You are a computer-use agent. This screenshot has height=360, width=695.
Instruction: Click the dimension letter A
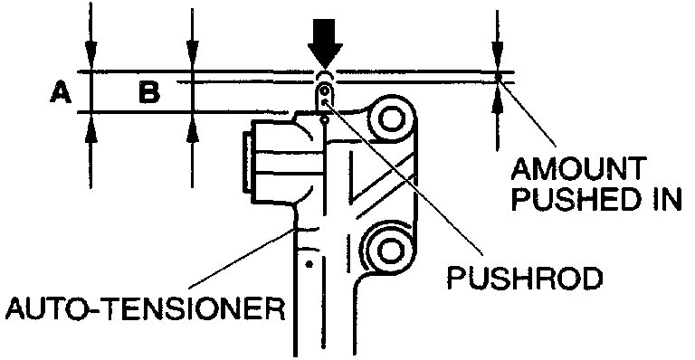point(60,91)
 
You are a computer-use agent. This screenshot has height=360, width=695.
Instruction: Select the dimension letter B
point(149,91)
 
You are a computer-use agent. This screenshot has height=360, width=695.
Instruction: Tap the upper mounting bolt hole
point(391,118)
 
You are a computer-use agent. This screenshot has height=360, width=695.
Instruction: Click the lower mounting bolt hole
point(388,243)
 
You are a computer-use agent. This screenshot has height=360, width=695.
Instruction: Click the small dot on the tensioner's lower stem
point(309,265)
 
